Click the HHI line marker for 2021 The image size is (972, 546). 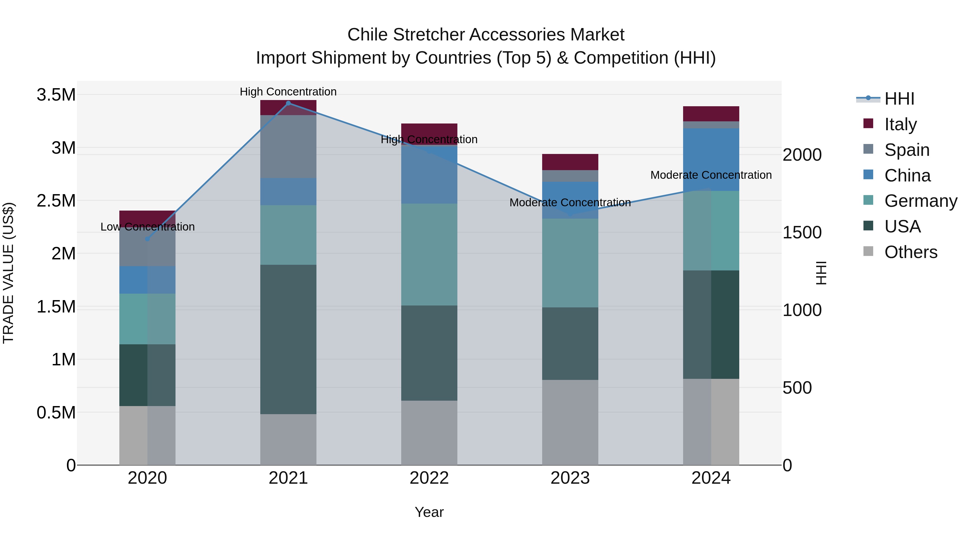pyautogui.click(x=288, y=103)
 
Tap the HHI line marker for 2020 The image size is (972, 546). pyautogui.click(x=147, y=239)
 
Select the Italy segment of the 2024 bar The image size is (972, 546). pyautogui.click(x=711, y=114)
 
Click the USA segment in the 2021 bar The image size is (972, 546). pyautogui.click(x=288, y=339)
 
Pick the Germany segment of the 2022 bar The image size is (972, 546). pyautogui.click(x=429, y=254)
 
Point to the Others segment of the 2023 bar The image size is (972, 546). pyautogui.click(x=570, y=422)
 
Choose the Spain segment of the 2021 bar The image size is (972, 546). pyautogui.click(x=288, y=146)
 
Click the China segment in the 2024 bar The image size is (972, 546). pyautogui.click(x=711, y=159)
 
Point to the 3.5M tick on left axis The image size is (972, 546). pyautogui.click(x=56, y=95)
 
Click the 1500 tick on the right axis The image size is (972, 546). pyautogui.click(x=802, y=232)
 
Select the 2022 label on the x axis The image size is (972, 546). pyautogui.click(x=429, y=478)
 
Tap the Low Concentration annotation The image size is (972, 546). pyautogui.click(x=147, y=227)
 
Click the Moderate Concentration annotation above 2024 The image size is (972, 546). pyautogui.click(x=711, y=175)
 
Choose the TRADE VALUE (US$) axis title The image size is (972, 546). pyautogui.click(x=8, y=273)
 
